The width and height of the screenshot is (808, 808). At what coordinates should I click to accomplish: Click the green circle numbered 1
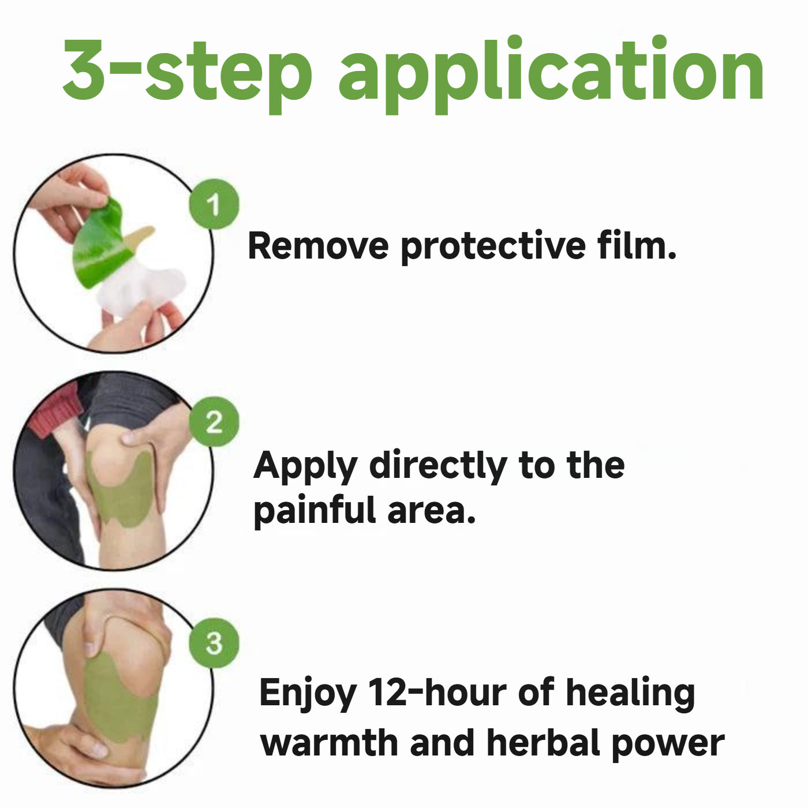(x=214, y=204)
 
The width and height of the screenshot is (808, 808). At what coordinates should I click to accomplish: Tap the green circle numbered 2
(x=214, y=421)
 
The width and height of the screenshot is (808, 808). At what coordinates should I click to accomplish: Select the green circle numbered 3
(x=214, y=643)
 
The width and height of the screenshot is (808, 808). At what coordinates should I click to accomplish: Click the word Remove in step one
(x=318, y=246)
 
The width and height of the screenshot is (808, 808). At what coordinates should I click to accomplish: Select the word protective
(x=493, y=248)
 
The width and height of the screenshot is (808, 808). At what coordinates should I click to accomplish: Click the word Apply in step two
(x=305, y=467)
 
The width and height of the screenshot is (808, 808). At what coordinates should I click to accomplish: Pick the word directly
(x=437, y=466)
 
